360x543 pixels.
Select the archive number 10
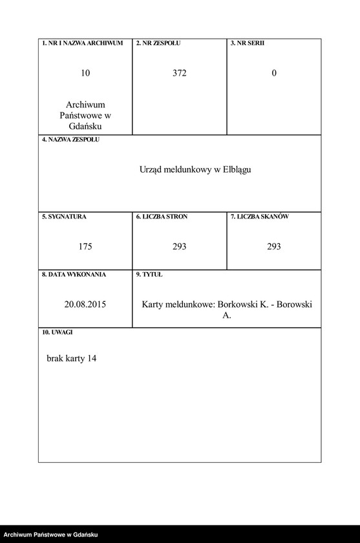point(85,73)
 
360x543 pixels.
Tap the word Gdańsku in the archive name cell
point(85,126)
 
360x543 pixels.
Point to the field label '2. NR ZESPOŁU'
point(158,43)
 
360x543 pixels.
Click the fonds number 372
point(180,73)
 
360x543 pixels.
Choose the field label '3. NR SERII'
point(248,43)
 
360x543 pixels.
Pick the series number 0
point(274,73)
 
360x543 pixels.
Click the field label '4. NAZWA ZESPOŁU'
point(70,140)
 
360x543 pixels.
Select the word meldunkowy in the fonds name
point(189,170)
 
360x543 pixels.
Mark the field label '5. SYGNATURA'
point(64,217)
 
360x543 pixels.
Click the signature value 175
point(85,246)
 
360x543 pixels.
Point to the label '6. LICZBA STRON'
point(162,217)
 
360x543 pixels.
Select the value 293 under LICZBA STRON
point(180,246)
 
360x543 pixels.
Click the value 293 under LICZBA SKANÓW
point(274,246)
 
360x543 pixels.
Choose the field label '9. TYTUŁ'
point(149,274)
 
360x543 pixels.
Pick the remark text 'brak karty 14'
point(71,358)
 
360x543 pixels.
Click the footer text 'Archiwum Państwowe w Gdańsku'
point(50,535)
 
